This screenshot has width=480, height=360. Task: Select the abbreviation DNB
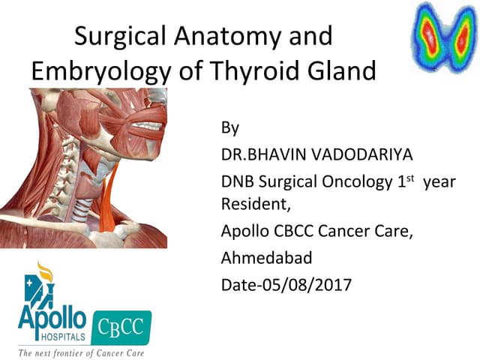coord(238,182)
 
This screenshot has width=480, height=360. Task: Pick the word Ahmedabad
coord(266,258)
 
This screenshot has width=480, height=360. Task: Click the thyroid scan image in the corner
coord(443,37)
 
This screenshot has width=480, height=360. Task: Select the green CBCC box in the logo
coord(127,325)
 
